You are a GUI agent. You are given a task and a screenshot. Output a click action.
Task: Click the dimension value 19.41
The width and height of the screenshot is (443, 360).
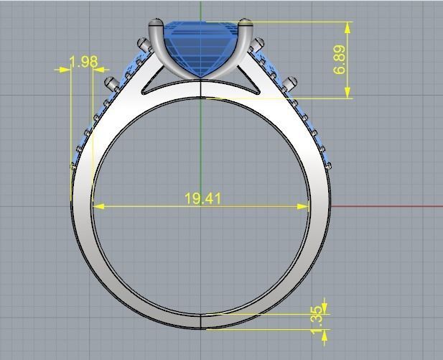[202, 198]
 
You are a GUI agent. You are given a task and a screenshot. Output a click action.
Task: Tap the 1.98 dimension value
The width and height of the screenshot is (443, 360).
[84, 62]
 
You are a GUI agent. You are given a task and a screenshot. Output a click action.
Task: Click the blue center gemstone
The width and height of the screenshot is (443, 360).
[201, 47]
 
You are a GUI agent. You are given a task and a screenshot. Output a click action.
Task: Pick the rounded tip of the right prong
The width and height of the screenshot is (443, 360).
[246, 23]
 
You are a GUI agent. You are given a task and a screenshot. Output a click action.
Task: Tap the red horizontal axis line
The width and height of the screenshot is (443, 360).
[388, 206]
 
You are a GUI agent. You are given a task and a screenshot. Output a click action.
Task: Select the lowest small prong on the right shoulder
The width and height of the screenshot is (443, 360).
[328, 166]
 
